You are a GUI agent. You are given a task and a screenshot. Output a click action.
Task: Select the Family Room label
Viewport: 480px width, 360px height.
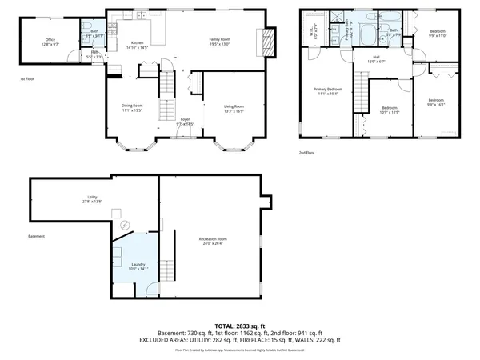[x=220, y=42]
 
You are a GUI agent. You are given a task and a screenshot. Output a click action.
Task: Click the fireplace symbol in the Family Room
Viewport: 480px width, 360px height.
[x=266, y=41]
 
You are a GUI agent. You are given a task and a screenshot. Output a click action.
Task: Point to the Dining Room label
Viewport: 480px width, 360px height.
[x=132, y=108]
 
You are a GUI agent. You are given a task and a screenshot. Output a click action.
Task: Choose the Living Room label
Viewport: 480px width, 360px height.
[x=234, y=108]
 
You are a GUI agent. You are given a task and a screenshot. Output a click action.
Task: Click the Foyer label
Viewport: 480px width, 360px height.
[x=185, y=122]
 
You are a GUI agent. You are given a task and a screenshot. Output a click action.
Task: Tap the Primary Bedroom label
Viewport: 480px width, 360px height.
[x=328, y=91]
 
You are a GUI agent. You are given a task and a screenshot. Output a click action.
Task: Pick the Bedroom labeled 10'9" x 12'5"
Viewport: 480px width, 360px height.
[x=390, y=110]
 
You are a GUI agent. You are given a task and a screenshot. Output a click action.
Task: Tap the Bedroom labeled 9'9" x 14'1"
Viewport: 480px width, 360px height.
[x=436, y=102]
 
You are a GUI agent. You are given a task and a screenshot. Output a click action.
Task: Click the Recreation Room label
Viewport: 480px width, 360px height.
[x=213, y=242]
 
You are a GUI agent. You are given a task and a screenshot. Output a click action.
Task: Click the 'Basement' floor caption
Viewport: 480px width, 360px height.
[x=36, y=236]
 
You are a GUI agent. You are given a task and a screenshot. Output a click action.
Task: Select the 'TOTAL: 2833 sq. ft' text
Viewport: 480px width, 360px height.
[x=239, y=324]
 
